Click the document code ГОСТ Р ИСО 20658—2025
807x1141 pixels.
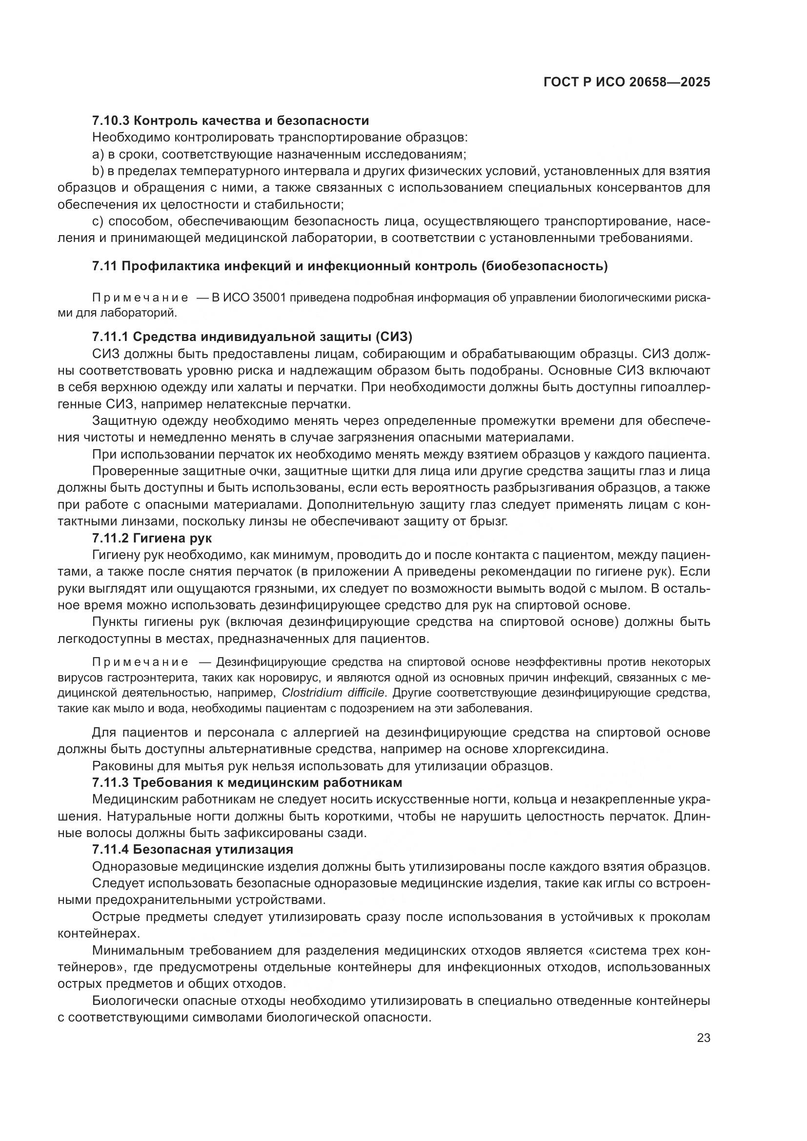point(626,82)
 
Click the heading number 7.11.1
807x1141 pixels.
point(110,337)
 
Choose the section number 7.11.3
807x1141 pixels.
point(110,782)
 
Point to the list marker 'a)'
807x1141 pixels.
point(98,155)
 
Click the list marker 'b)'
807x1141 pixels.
point(98,171)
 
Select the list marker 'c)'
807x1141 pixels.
point(98,221)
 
